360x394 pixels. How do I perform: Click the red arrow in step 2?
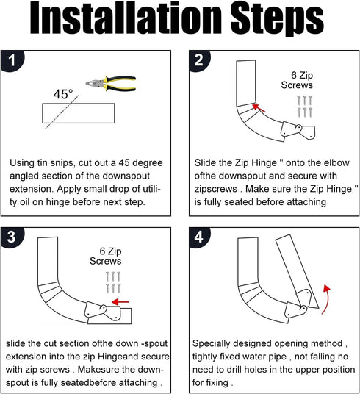click(259, 109)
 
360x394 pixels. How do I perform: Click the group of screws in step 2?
click(305, 105)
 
